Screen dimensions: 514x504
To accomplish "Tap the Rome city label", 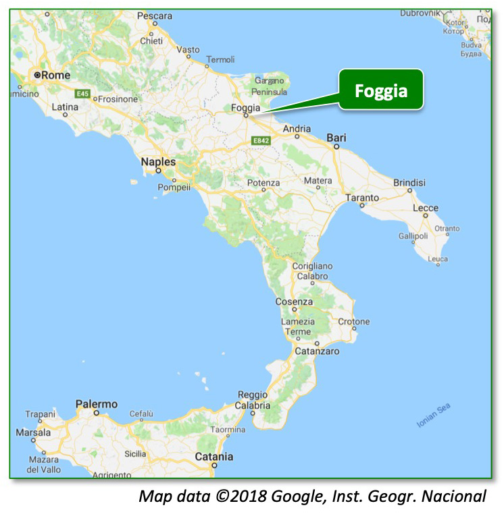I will coord(55,76).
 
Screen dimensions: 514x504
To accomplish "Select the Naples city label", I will coord(158,162).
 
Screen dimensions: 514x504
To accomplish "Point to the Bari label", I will coord(336,138).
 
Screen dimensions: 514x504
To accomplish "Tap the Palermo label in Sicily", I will coord(96,404).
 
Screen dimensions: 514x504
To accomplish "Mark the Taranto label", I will coord(362,198).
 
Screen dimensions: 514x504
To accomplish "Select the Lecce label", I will coord(426,208).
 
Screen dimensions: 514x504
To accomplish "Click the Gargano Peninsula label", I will coord(270,86).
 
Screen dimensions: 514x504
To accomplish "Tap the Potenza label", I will coord(263,183).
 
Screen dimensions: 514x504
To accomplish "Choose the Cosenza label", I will coord(294,302).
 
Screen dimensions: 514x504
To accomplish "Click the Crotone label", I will coord(354,322).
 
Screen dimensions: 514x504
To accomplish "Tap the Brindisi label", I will coord(409,182).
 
